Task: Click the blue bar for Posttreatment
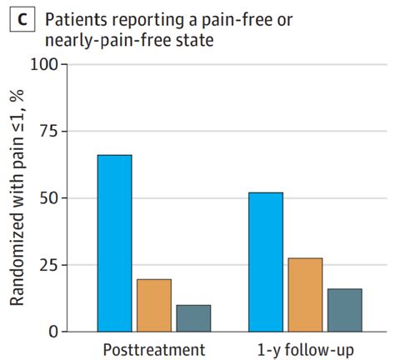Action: click(114, 243)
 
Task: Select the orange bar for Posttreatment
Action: click(154, 305)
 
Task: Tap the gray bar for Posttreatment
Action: click(193, 318)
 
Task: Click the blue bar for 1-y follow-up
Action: click(266, 262)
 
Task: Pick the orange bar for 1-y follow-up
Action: click(305, 295)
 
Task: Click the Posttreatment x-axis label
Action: click(154, 348)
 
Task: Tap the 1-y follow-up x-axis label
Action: click(305, 348)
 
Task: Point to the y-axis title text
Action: click(17, 200)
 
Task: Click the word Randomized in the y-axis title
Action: click(17, 267)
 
